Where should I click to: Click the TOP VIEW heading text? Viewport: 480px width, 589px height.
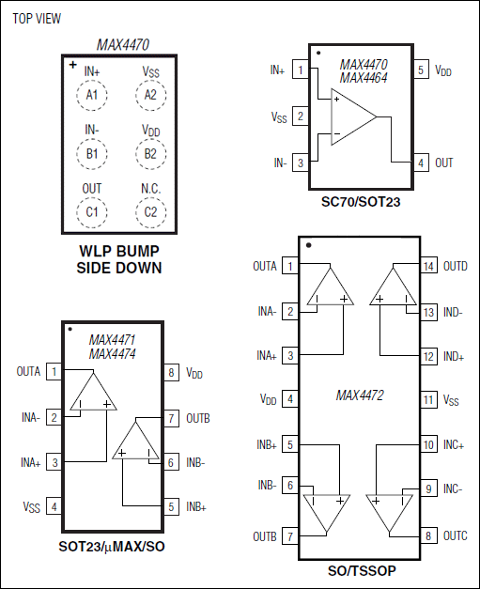(35, 18)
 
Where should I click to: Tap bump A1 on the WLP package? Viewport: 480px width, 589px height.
(91, 94)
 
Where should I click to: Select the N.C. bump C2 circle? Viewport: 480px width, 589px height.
(150, 212)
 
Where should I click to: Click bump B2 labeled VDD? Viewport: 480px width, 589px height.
(150, 153)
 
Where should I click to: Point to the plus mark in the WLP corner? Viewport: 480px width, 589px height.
(72, 65)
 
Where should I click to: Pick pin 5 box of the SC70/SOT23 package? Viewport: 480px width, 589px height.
(421, 70)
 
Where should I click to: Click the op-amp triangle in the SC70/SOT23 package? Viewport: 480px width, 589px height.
(351, 116)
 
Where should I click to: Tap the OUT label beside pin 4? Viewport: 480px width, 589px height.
(443, 163)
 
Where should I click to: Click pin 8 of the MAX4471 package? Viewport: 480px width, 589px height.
(171, 372)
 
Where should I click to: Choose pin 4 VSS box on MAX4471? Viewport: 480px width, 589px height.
(55, 507)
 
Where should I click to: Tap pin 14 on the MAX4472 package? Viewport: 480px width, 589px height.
(427, 266)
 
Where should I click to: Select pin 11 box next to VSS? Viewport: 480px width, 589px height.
(427, 400)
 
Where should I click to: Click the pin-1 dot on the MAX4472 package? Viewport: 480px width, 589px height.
(309, 246)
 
